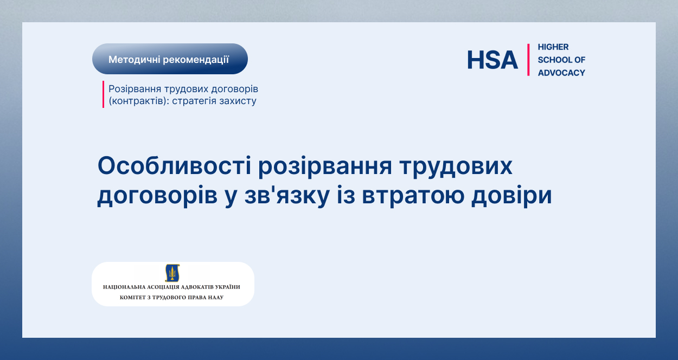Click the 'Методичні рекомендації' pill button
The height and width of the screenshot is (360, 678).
[170, 59]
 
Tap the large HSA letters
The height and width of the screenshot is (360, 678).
[492, 60]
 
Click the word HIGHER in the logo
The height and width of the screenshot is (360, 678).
[553, 47]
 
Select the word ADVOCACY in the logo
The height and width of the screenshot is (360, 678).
[561, 73]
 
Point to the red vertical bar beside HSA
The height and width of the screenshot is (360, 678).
[528, 60]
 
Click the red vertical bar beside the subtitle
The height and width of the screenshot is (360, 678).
[103, 94]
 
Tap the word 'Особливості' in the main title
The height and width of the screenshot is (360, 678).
[174, 166]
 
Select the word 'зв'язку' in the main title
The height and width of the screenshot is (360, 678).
[287, 196]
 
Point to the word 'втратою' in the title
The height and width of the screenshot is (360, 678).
[413, 196]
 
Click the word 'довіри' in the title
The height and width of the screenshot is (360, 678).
[511, 196]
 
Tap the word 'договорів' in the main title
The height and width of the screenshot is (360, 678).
[157, 196]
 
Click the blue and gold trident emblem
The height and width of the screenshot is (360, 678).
[172, 273]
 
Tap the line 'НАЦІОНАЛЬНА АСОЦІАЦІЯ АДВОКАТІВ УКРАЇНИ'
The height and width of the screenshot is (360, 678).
[171, 287]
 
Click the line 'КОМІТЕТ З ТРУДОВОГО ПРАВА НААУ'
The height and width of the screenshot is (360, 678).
[171, 297]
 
